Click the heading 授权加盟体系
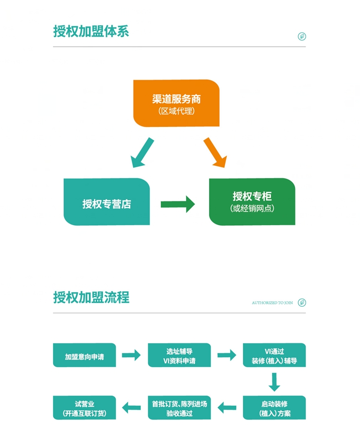coord(91,31)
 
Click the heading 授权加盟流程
coord(91,297)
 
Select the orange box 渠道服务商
coord(176,103)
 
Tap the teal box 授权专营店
coord(107,202)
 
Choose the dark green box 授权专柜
coord(252,202)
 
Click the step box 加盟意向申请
coord(85,355)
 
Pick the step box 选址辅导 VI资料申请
coord(179,355)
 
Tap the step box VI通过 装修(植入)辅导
coord(274,355)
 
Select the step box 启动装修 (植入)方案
coord(274,408)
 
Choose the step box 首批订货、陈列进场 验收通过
coord(179,408)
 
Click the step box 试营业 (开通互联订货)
coord(85,408)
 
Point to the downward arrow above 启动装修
coord(274,382)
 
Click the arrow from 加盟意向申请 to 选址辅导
coord(131,355)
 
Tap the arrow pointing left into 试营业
coord(131,407)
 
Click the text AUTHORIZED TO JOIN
coord(272,303)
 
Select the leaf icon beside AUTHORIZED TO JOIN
coord(301,302)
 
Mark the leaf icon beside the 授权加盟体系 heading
coord(301,36)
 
